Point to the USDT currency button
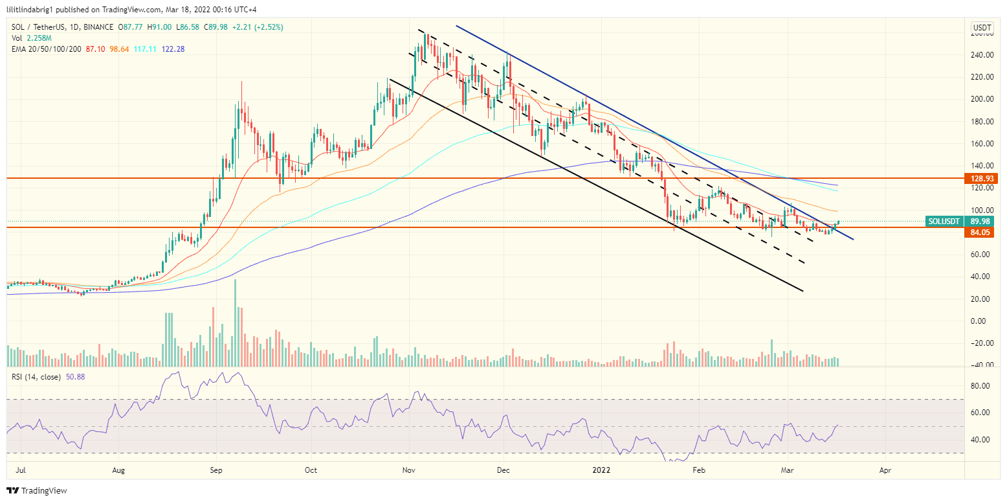pyautogui.click(x=982, y=27)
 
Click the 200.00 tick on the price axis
pyautogui.click(x=982, y=99)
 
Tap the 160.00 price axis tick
pyautogui.click(x=982, y=144)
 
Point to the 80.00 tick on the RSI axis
pyautogui.click(x=982, y=386)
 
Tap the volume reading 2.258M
pyautogui.click(x=36, y=38)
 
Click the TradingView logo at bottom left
pyautogui.click(x=37, y=490)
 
